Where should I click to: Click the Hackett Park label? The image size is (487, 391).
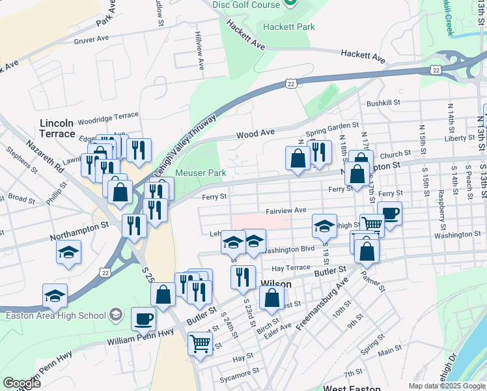pos(289,27)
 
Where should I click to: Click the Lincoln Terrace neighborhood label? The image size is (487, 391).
pos(57,128)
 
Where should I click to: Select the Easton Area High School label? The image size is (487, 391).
pos(55,315)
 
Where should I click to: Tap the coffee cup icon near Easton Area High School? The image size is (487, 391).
pos(144,319)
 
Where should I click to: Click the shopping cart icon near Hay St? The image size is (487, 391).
pos(201,342)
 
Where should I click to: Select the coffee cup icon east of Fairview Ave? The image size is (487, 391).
pos(389,213)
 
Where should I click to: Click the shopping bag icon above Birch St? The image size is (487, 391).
pos(271,298)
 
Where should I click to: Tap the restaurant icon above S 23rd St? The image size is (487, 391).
pos(243,277)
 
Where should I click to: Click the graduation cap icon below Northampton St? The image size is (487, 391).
pos(68,252)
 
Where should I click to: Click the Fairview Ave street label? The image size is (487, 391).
pos(286,211)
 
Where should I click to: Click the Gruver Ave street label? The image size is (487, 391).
pos(91,39)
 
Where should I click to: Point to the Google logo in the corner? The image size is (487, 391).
pos(22,383)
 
